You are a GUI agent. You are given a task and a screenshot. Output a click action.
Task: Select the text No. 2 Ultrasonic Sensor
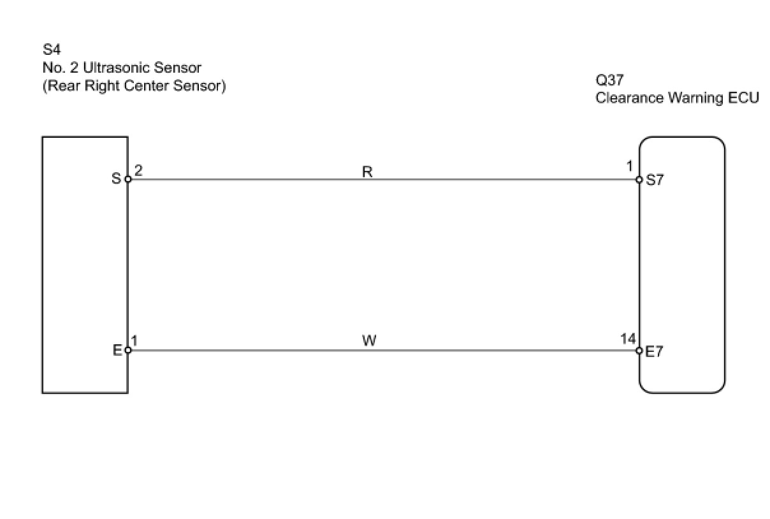(122, 68)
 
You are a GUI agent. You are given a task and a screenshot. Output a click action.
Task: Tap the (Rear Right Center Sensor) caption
(134, 85)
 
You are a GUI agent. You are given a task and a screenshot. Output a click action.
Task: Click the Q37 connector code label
(609, 81)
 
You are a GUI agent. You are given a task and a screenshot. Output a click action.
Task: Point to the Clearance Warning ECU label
(677, 98)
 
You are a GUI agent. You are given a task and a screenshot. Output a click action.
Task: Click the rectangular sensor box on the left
(85, 265)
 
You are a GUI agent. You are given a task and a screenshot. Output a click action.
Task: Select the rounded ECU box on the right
(682, 265)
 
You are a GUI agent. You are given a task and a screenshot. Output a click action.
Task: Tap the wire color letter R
(367, 172)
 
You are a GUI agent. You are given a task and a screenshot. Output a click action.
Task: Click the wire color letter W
(369, 341)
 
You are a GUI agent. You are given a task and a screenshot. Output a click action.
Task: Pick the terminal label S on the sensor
(116, 179)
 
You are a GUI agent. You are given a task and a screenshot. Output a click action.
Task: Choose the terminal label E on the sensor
(117, 350)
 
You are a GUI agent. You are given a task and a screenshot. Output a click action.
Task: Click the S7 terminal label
(655, 180)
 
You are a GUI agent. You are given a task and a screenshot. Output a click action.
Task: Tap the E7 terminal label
(655, 351)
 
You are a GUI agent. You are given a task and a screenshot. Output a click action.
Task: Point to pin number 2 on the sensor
(138, 170)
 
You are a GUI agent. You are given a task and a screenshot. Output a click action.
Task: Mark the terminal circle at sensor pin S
(127, 179)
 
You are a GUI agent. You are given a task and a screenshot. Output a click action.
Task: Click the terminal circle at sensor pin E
(127, 350)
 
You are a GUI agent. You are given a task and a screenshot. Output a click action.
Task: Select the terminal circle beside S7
(639, 180)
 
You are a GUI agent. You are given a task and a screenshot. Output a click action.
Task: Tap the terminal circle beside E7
(639, 351)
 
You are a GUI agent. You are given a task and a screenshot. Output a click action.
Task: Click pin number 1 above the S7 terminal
(630, 167)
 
